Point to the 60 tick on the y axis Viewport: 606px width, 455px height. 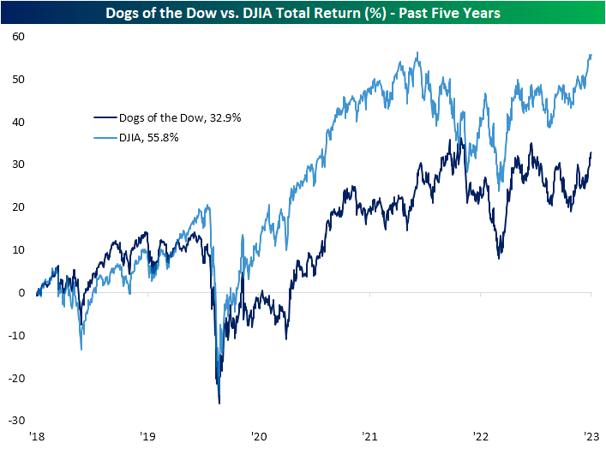coord(18,37)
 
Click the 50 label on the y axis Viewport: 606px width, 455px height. coord(18,80)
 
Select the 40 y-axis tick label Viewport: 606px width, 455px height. coord(18,123)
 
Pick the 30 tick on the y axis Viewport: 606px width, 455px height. coord(18,165)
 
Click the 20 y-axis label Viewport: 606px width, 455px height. coord(18,207)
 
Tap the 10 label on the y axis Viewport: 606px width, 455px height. coord(18,250)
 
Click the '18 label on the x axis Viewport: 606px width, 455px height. coord(37,437)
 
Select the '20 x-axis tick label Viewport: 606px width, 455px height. coord(259,437)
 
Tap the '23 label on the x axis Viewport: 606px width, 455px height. coord(591,437)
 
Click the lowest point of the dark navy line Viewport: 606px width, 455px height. coord(219,403)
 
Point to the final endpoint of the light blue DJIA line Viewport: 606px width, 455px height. coord(591,55)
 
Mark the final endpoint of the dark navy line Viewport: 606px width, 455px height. coord(591,153)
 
